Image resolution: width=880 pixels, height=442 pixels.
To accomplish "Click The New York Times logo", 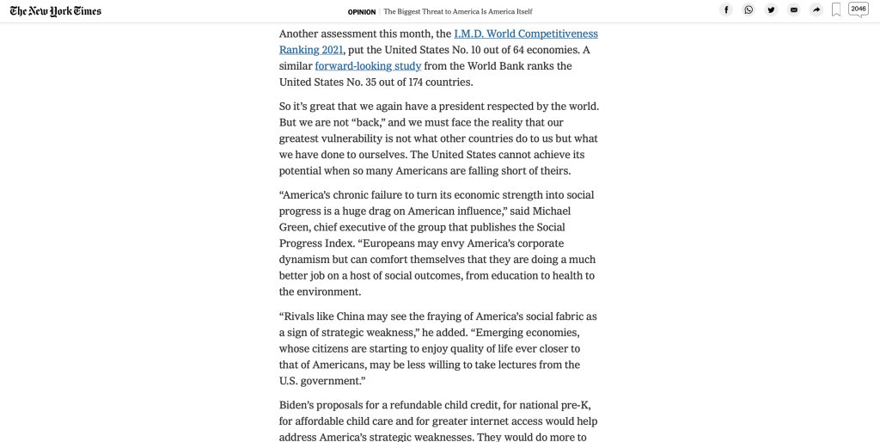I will (56, 11).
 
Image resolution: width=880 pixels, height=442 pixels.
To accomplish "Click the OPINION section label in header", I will (362, 12).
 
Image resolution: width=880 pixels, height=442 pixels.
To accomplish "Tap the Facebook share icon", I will (726, 10).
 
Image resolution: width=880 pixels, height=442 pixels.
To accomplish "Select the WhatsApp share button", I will (749, 10).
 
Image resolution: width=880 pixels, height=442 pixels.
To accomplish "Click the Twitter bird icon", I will (771, 10).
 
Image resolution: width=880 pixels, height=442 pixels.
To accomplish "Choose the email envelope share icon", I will (793, 10).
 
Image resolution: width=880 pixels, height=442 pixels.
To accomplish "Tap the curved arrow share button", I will (816, 10).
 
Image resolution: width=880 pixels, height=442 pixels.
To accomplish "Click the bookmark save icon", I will (836, 10).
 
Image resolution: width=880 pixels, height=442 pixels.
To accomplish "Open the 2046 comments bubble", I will (858, 9).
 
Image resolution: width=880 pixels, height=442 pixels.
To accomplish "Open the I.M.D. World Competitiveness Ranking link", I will (525, 34).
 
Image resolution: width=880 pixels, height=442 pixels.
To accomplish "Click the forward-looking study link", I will (368, 66).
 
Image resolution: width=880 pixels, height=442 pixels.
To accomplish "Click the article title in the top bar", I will (457, 12).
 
